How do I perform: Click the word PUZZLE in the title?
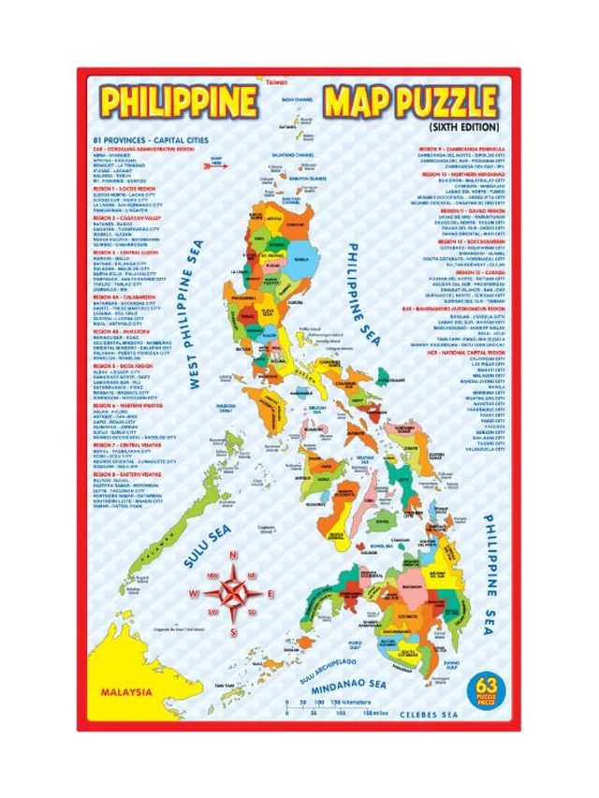click(437, 101)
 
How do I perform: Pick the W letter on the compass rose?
click(194, 594)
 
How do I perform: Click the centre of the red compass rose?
click(231, 593)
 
